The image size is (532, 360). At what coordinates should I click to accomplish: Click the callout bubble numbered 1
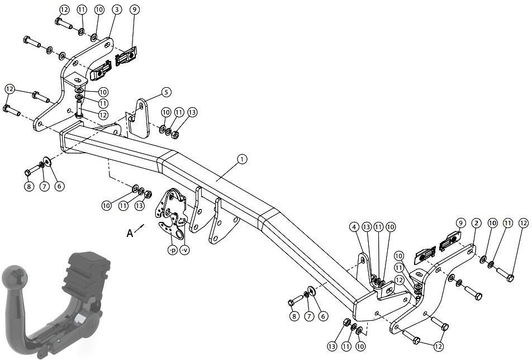tap(242, 159)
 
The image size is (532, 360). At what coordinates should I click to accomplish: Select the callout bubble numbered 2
tap(476, 223)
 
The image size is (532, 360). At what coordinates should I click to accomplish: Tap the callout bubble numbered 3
tap(116, 10)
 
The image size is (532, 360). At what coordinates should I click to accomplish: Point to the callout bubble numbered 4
tap(354, 226)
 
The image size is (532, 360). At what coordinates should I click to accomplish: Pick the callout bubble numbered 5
tap(166, 92)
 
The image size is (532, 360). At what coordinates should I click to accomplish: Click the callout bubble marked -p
tap(173, 250)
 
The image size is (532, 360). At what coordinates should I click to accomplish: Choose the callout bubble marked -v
tap(184, 250)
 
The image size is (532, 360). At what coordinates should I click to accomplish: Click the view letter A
tap(130, 233)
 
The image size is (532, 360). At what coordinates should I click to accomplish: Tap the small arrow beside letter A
tap(140, 228)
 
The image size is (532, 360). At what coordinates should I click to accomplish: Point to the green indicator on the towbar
tap(59, 340)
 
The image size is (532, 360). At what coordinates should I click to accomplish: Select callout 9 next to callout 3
tap(134, 10)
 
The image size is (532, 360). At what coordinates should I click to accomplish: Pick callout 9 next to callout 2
tap(460, 223)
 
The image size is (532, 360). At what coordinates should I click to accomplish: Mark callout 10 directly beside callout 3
tap(99, 10)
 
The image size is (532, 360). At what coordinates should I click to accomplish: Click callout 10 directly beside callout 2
tap(492, 223)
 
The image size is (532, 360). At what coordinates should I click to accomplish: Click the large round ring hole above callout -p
tap(178, 234)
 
